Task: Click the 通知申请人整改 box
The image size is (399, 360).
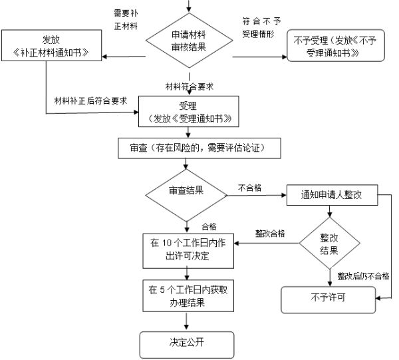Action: [x=331, y=196]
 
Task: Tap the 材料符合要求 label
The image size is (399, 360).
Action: [x=190, y=87]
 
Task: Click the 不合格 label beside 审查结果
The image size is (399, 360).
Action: [x=249, y=188]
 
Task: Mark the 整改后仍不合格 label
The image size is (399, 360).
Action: [x=363, y=275]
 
